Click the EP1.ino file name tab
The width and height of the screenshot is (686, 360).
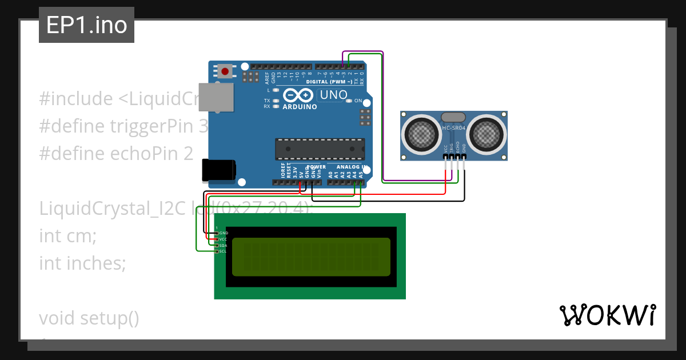click(x=86, y=25)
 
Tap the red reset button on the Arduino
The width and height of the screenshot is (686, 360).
click(x=225, y=71)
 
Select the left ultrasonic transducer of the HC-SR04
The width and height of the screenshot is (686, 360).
click(x=422, y=134)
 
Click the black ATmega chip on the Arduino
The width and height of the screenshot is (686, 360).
click(x=320, y=149)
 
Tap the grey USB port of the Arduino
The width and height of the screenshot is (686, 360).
click(x=216, y=97)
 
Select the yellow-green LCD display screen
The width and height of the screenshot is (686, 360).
click(x=312, y=257)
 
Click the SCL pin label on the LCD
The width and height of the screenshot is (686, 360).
click(x=223, y=251)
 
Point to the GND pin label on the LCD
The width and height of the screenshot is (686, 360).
click(x=224, y=233)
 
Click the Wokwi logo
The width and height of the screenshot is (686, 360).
click(x=607, y=315)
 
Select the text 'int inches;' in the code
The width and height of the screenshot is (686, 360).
click(x=82, y=263)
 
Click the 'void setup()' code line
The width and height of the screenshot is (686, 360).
click(x=89, y=318)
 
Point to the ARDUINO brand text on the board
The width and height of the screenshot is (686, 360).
click(x=300, y=107)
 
